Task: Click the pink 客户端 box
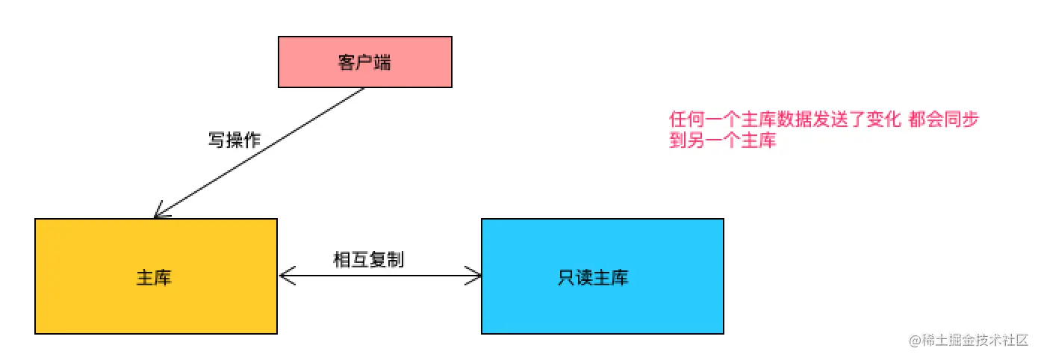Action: [364, 62]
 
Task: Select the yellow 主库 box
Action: [156, 276]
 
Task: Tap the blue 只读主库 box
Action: [602, 276]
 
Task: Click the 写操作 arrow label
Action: [234, 140]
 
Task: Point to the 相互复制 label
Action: [368, 259]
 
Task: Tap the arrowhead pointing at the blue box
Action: [475, 276]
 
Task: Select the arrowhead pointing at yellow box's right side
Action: [285, 276]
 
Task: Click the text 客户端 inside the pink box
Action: [364, 63]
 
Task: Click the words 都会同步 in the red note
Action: [944, 120]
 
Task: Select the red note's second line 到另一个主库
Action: [723, 140]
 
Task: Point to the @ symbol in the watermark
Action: [914, 341]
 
